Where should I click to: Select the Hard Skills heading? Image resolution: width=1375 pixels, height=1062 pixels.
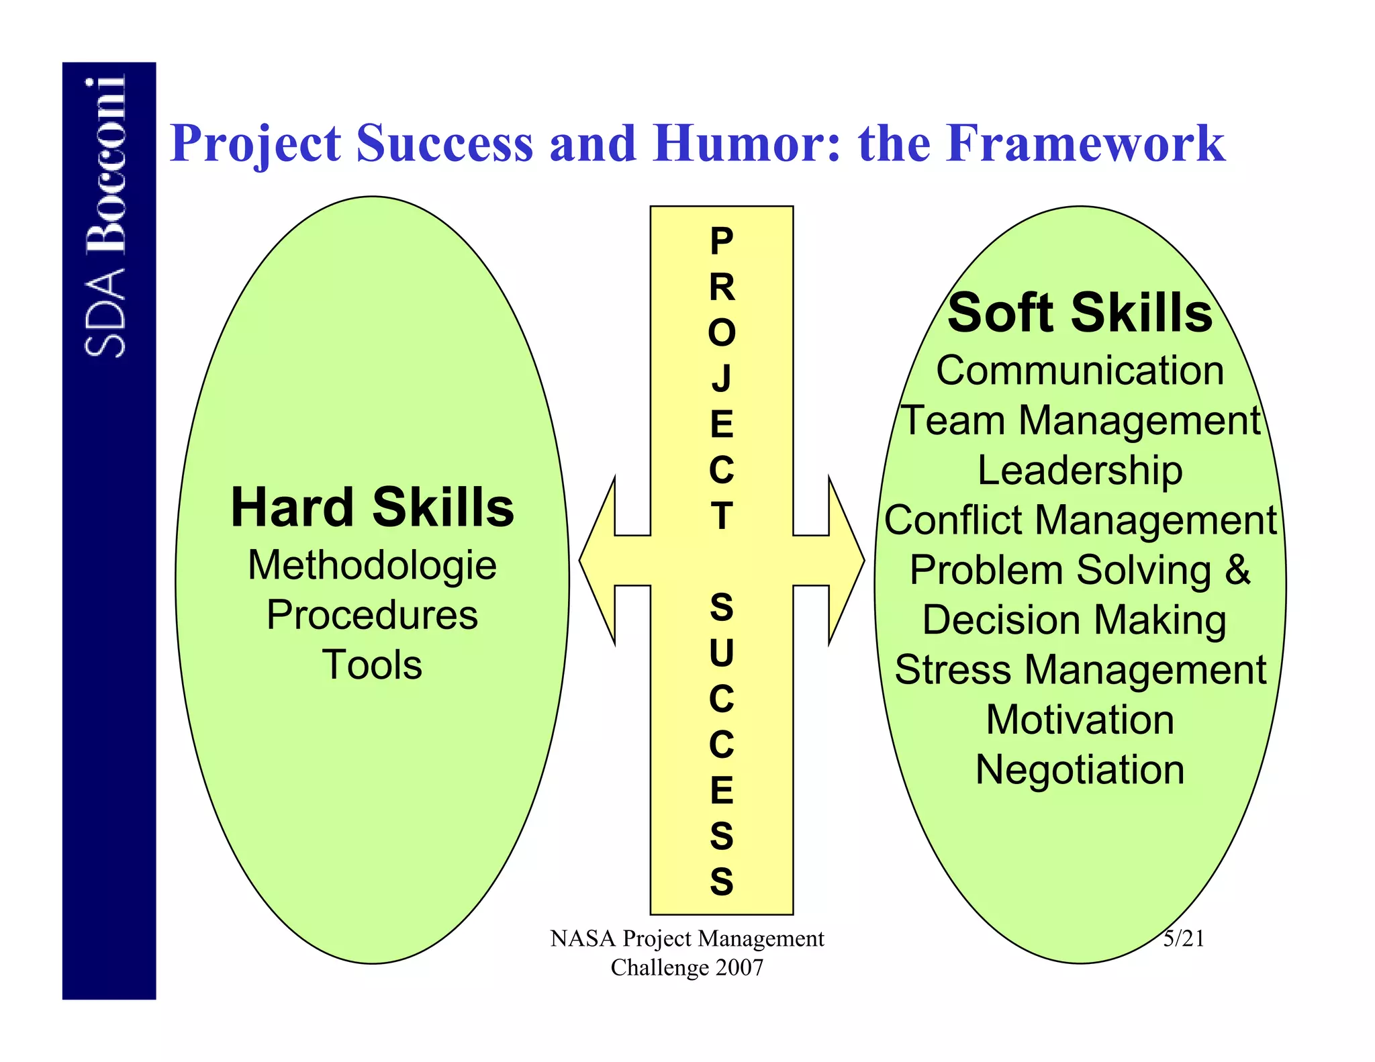click(372, 508)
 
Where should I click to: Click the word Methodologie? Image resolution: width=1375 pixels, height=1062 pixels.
click(372, 565)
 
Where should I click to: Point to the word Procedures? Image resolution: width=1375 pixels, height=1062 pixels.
click(372, 615)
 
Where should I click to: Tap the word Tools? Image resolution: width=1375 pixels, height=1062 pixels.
click(372, 665)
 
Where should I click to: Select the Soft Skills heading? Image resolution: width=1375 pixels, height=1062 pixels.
click(1080, 313)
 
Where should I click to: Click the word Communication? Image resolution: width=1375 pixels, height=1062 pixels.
click(1080, 371)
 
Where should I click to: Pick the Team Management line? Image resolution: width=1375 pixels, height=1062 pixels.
click(1080, 421)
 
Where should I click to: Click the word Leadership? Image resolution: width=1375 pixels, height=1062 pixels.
click(1080, 471)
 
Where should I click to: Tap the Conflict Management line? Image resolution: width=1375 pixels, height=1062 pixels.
click(1080, 520)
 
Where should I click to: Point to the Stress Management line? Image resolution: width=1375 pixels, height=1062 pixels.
click(1080, 670)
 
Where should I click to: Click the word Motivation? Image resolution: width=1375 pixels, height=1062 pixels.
click(1080, 720)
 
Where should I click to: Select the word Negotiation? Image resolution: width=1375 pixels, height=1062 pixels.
click(1080, 769)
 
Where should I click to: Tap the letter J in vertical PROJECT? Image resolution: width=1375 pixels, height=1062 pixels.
click(722, 378)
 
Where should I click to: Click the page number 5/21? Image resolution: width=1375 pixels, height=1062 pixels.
click(1184, 938)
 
